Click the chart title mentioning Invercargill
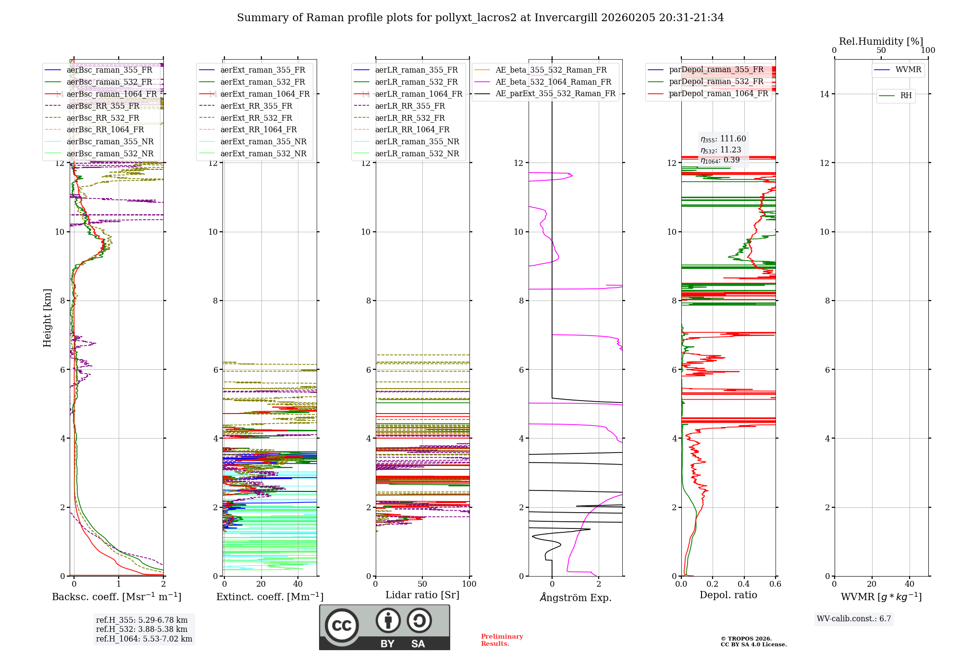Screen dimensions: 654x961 480,18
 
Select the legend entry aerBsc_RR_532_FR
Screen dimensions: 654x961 103,118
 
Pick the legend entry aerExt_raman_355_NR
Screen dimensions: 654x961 263,142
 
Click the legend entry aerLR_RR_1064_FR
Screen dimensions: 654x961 412,130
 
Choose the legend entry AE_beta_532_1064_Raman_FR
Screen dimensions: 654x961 553,82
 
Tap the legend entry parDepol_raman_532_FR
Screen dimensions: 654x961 716,82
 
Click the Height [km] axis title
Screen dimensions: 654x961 47,318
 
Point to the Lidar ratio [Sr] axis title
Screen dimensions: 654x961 422,595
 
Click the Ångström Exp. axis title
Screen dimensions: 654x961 575,598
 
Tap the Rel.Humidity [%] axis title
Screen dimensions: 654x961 881,41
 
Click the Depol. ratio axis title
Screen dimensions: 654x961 728,595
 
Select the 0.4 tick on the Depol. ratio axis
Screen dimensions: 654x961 744,584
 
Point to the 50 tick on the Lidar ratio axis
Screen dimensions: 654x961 422,584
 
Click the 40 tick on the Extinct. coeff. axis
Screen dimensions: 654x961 298,584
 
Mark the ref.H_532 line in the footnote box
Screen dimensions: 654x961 142,629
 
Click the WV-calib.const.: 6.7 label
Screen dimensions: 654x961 854,619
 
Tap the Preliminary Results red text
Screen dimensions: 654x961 502,640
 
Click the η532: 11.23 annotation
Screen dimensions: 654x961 721,150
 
